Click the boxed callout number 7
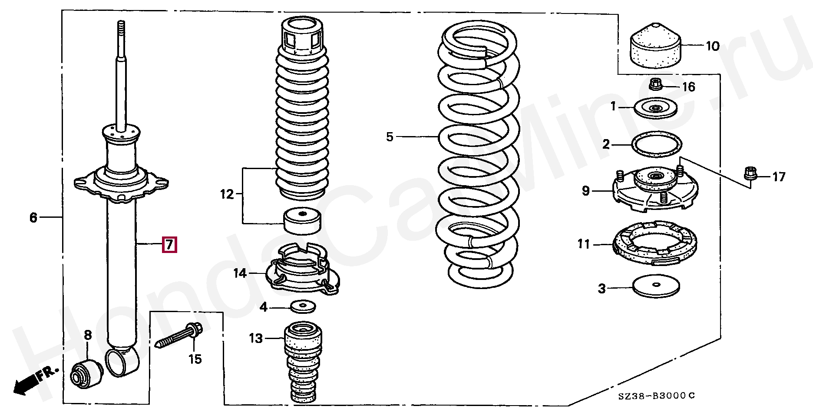coord(169,245)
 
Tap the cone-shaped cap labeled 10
coord(655,47)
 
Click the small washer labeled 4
coord(303,307)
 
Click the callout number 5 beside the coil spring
coord(389,137)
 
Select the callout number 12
coord(227,194)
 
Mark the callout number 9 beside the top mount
coord(585,190)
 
